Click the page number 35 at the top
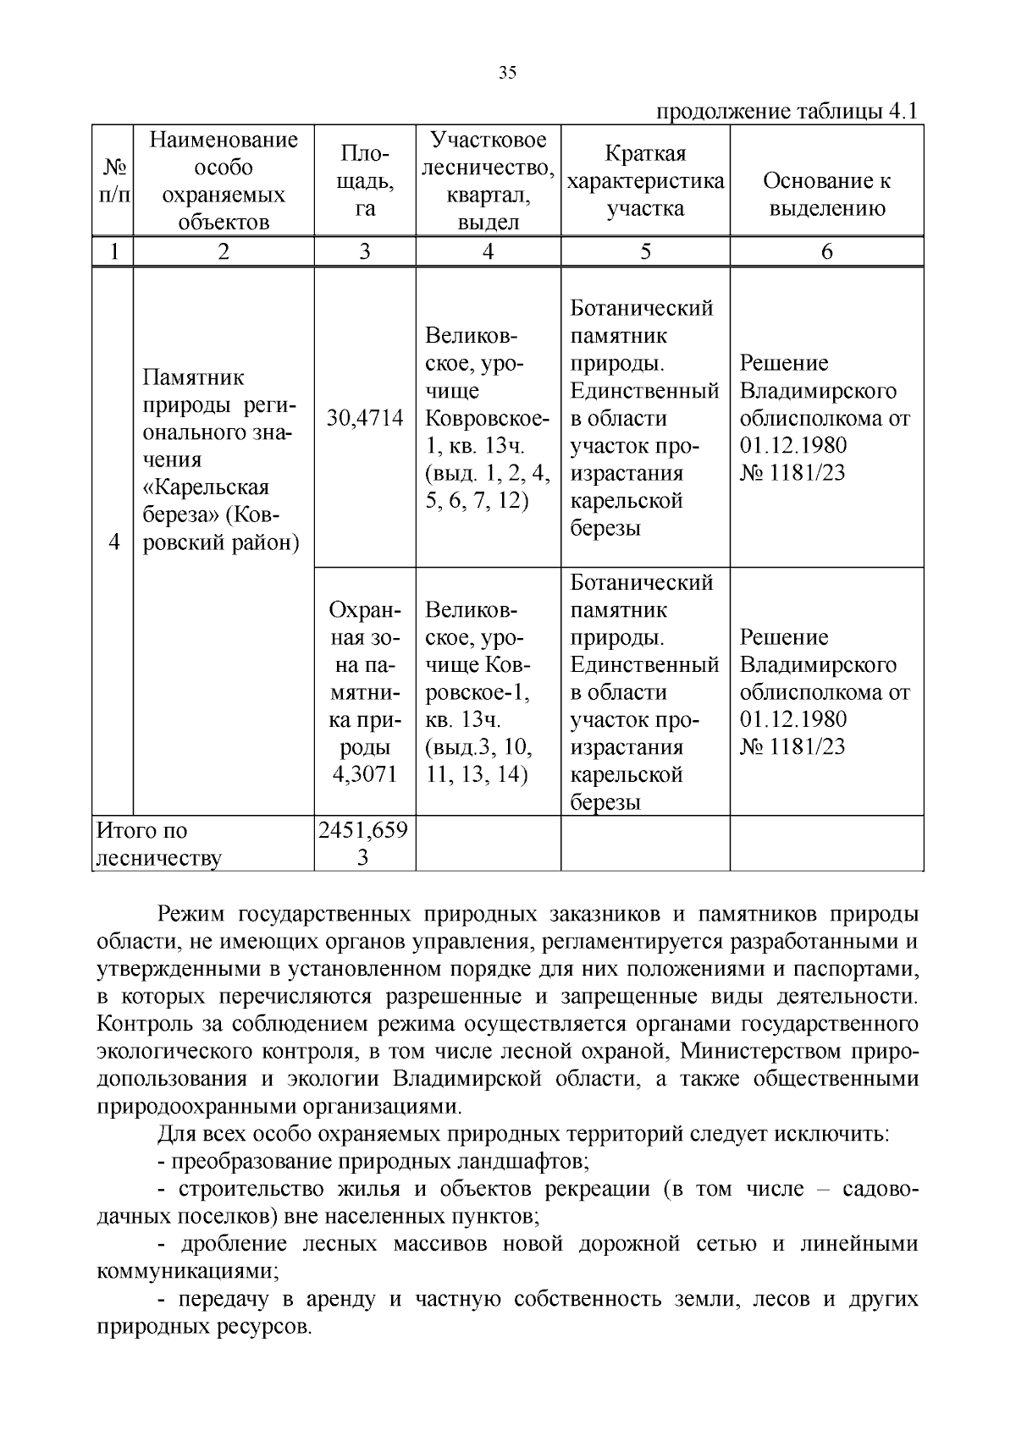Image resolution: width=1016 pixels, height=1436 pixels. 507,73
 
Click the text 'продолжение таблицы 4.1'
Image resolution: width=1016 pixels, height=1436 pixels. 787,112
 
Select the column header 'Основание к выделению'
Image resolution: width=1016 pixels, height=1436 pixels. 826,195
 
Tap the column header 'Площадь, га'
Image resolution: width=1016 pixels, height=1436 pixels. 365,181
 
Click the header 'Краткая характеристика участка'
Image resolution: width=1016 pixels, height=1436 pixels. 645,181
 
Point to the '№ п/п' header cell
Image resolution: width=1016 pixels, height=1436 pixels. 113,181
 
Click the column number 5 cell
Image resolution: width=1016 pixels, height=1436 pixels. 645,251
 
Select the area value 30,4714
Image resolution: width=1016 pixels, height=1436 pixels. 365,418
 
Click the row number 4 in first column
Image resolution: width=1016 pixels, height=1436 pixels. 113,542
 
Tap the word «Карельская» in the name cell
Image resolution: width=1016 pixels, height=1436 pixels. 206,487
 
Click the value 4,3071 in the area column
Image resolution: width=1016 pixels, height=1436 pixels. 365,774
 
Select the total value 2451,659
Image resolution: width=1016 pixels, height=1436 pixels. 363,830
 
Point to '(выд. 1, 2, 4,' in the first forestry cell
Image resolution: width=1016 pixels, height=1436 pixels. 488,473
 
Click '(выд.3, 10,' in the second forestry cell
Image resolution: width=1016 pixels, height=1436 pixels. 478,747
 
